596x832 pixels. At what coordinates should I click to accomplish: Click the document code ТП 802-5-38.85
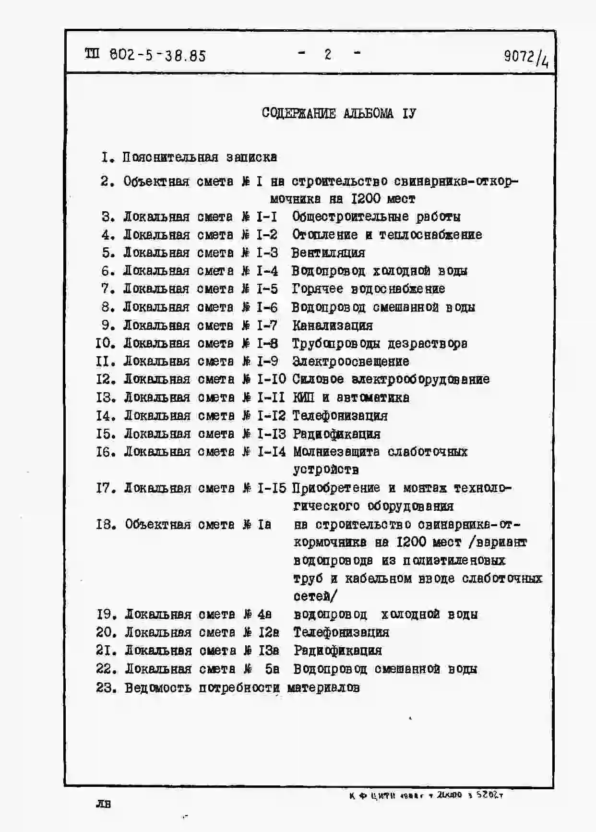(x=145, y=56)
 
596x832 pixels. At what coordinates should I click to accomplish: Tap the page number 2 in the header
(x=328, y=55)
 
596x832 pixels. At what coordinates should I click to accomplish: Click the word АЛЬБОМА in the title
(x=368, y=113)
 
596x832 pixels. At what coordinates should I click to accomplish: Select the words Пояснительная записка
(x=200, y=157)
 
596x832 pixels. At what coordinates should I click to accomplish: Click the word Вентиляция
(x=328, y=253)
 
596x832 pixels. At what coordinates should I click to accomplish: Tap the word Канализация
(x=333, y=326)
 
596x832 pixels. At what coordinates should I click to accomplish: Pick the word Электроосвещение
(x=351, y=362)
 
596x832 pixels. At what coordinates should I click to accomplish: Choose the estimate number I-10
(x=272, y=380)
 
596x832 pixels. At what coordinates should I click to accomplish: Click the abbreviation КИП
(x=303, y=398)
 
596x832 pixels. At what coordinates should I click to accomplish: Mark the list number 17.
(x=104, y=488)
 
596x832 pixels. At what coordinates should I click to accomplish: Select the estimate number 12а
(x=269, y=632)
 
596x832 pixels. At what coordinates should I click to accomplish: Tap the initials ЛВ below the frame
(x=103, y=804)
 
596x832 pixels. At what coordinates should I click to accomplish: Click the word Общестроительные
(x=350, y=217)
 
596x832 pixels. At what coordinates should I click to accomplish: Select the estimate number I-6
(x=267, y=307)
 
